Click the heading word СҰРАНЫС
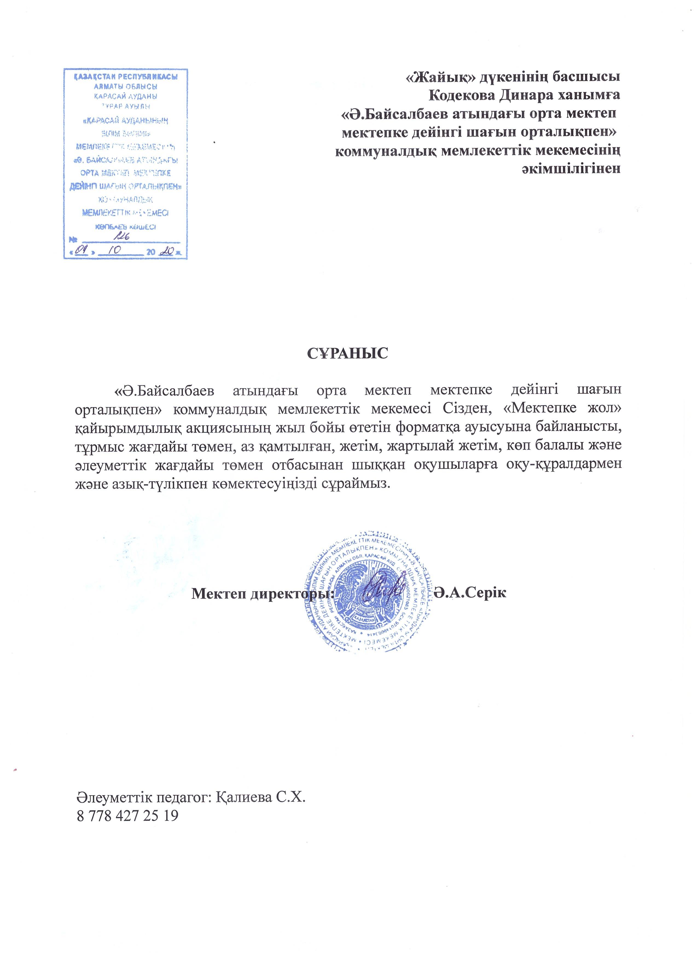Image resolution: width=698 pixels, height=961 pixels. click(347, 353)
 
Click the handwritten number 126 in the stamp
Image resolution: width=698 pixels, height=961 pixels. click(124, 238)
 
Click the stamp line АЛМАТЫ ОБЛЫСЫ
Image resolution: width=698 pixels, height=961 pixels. click(125, 87)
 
